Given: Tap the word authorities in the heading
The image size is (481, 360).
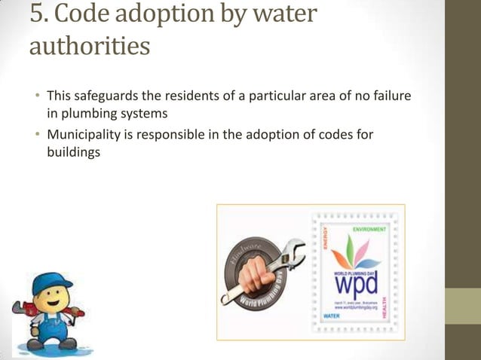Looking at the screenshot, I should click(89, 47).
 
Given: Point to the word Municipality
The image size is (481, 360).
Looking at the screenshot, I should click(84, 135).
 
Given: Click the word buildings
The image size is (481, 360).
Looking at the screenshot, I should click(73, 151).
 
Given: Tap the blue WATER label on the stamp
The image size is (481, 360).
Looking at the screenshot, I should click(331, 316).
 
